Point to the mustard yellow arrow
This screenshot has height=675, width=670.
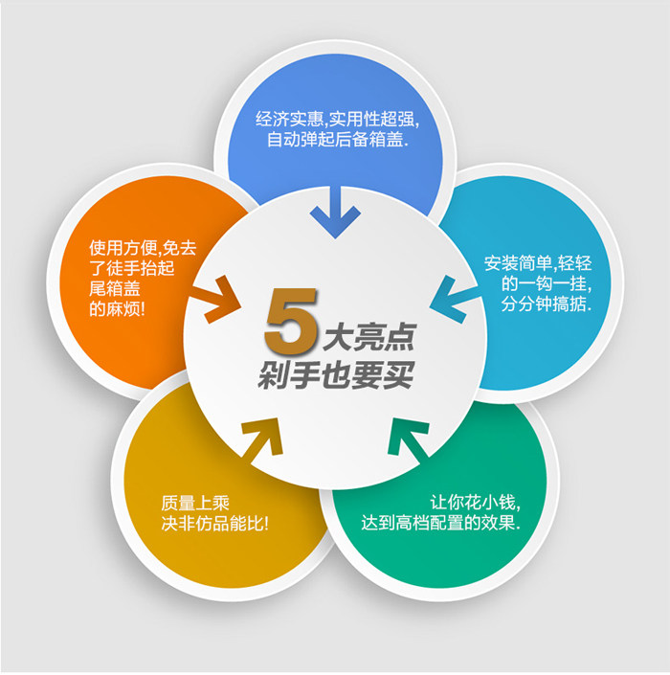(x=262, y=439)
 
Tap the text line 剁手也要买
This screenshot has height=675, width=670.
(x=335, y=376)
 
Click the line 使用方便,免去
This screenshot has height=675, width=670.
(x=143, y=247)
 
